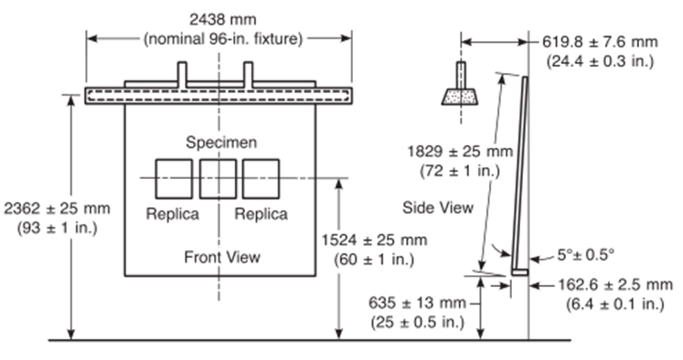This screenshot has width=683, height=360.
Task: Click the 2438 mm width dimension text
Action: pos(222,19)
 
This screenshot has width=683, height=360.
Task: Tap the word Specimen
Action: pos(221,143)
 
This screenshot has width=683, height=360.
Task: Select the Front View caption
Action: pos(222,257)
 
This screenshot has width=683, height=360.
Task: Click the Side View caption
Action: pos(438,207)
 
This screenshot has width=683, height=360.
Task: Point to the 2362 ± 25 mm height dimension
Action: pos(57,208)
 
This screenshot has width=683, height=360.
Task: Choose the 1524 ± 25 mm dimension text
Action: pos(374,240)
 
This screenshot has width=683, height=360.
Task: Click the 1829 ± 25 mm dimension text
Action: pos(460,152)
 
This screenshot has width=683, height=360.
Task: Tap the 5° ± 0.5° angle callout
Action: pos(586,255)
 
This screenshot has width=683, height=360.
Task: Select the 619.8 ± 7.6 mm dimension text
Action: pos(600,42)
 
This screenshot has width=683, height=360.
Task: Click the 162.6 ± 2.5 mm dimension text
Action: pos(615,285)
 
